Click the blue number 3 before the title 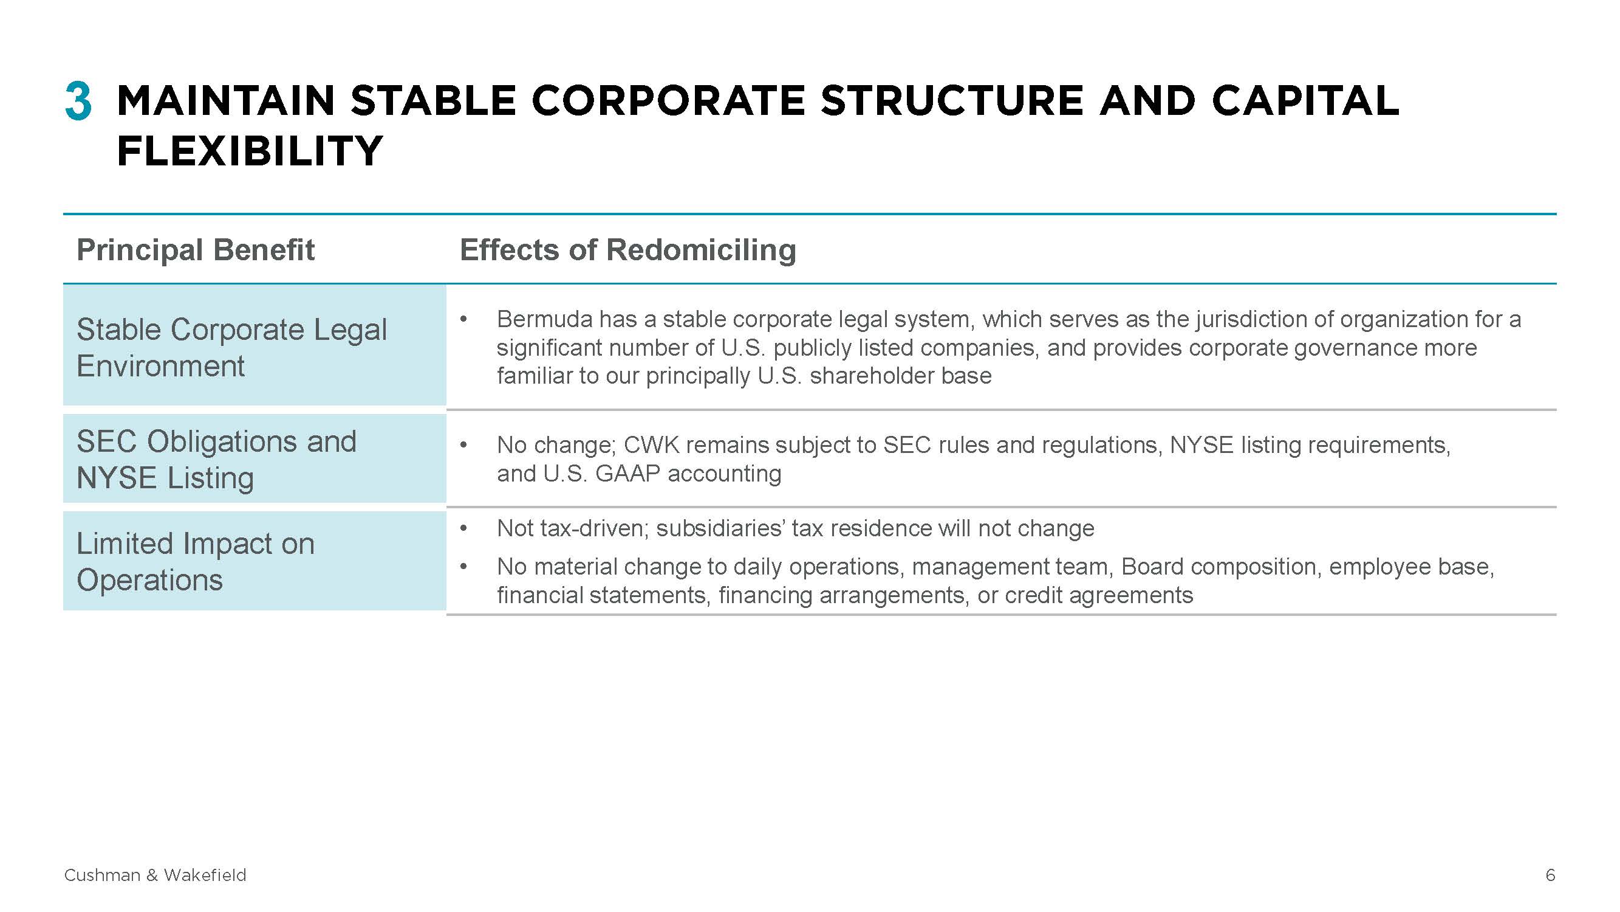point(78,101)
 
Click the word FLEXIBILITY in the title point(250,151)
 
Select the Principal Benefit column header point(195,250)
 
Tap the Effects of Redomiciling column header point(627,250)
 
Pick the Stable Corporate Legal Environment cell point(254,345)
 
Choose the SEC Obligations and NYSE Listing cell point(254,458)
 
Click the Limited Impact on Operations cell point(254,561)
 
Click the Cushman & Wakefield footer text point(156,875)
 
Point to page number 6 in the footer point(1550,875)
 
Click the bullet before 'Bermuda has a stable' point(463,319)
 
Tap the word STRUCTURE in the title point(952,101)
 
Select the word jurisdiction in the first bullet point(1250,319)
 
